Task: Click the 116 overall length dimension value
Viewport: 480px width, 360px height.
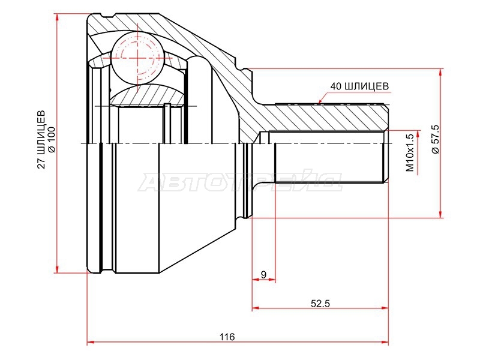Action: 227,337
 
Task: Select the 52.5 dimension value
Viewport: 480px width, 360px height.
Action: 320,304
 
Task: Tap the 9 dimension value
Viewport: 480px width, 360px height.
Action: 263,275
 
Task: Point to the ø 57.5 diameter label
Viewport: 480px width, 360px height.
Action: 435,139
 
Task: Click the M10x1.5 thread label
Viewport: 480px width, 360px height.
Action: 410,152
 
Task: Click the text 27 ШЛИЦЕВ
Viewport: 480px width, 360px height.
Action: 41,140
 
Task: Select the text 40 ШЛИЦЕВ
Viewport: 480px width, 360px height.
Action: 359,86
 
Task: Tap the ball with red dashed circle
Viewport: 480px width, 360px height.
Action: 137,58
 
